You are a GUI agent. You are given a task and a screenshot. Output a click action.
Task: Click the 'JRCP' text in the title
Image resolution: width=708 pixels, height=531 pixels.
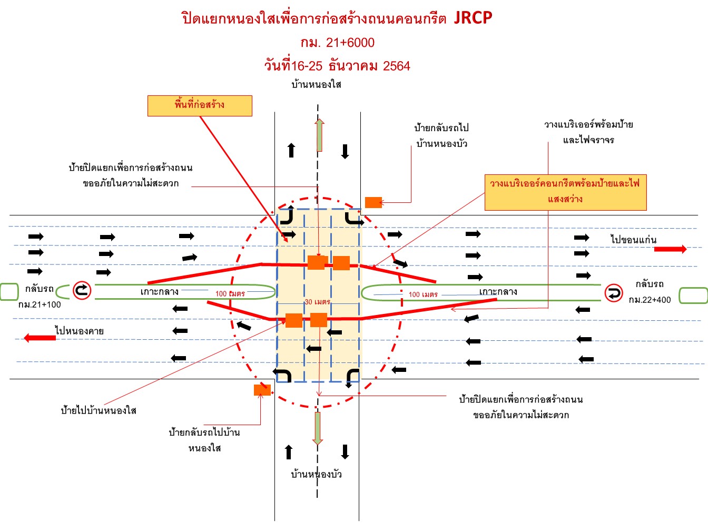click(x=473, y=18)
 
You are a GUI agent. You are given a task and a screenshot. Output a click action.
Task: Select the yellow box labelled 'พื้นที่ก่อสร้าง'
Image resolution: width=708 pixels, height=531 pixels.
click(x=200, y=105)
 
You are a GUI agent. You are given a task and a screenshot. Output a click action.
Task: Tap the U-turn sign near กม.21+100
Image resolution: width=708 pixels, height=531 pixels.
click(x=82, y=290)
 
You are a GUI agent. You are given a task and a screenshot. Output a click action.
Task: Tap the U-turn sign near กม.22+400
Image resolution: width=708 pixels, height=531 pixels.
click(x=613, y=293)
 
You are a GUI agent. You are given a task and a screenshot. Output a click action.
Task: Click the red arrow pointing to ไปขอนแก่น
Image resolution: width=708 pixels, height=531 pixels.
click(x=670, y=249)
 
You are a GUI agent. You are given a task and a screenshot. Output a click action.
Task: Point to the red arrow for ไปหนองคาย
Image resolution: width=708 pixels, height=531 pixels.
click(x=40, y=338)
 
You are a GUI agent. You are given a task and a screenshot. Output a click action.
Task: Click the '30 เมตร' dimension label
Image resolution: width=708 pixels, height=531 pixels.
click(x=317, y=302)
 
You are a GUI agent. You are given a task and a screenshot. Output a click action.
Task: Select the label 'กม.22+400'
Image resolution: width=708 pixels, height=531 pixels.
click(x=650, y=300)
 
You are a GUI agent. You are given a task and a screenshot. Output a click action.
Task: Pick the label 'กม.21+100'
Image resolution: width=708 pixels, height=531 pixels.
click(x=40, y=304)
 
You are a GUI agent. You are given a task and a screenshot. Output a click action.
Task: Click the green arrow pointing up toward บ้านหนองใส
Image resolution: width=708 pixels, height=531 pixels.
click(x=319, y=135)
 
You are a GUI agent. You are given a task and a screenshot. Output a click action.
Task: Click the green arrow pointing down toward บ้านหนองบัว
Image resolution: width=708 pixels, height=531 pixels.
click(x=317, y=428)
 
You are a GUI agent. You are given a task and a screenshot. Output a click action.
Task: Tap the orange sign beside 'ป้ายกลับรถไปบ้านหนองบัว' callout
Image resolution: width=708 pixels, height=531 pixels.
click(x=373, y=202)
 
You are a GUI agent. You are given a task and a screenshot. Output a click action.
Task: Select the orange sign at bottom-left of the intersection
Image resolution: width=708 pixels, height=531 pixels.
click(x=262, y=390)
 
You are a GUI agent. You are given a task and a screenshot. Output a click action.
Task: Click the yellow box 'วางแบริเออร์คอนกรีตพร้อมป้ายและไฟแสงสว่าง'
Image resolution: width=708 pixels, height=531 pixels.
click(x=565, y=192)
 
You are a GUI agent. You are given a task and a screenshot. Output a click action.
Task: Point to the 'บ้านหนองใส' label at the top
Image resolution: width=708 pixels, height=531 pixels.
click(x=316, y=84)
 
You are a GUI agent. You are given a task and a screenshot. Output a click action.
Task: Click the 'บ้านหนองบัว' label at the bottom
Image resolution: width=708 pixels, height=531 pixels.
click(x=316, y=474)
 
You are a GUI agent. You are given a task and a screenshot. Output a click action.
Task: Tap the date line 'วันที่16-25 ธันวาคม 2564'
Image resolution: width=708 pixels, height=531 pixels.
click(x=337, y=66)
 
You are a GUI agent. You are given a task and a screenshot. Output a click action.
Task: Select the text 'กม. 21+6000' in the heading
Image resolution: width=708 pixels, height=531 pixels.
click(x=337, y=43)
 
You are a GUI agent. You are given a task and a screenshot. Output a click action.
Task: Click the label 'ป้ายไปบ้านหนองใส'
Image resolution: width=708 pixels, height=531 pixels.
click(x=99, y=410)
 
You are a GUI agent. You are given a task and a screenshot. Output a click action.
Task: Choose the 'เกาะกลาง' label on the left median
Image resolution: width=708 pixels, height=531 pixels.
click(x=159, y=291)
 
